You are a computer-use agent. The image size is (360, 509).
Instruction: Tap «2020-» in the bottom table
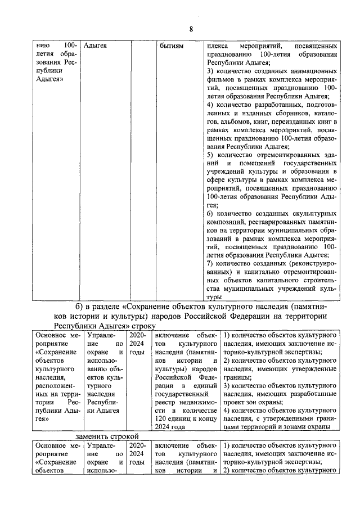point(137,445)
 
